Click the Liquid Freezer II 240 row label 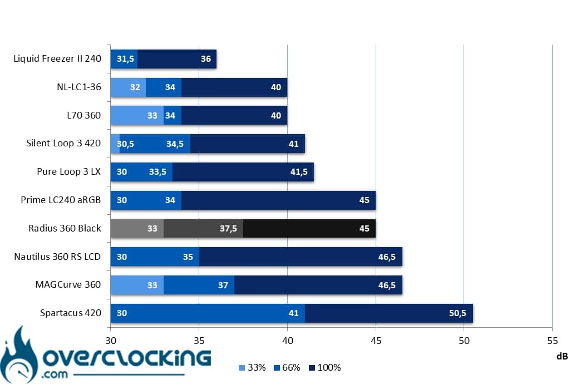pos(57,59)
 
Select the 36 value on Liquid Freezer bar pos(206,59)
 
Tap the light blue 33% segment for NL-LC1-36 pos(128,87)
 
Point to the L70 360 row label pos(83,115)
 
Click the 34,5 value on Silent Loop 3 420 pos(175,144)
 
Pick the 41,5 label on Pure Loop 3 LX pos(299,172)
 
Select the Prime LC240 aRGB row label pos(61,200)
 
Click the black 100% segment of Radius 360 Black pos(309,229)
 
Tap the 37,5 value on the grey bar pos(228,229)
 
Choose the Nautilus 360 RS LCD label pos(57,257)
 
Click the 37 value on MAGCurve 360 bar pos(223,285)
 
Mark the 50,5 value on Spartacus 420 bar pos(457,313)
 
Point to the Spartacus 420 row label pos(71,313)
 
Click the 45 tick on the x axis pos(376,341)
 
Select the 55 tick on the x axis pos(552,341)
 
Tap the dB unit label pos(563,356)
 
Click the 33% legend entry pos(252,367)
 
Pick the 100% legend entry pos(325,367)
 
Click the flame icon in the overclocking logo pos(19,355)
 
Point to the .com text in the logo pos(55,375)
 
